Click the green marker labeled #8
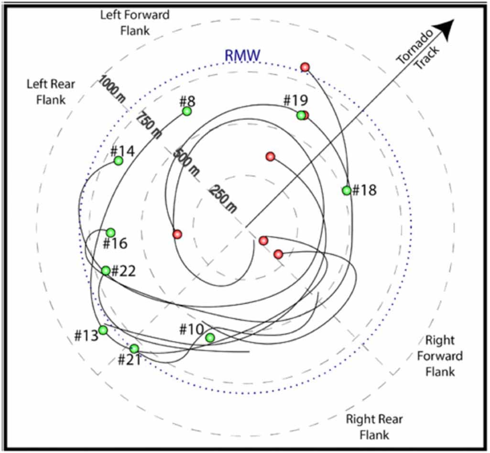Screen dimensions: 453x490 click(x=187, y=111)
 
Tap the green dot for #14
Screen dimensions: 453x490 click(x=119, y=161)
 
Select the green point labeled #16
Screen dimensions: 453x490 click(x=110, y=233)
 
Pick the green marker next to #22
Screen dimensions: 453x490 click(x=106, y=271)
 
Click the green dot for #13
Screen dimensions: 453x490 click(x=103, y=330)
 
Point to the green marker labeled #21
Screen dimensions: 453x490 click(x=134, y=349)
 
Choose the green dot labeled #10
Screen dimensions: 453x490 click(x=210, y=338)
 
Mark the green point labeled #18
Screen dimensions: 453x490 click(x=347, y=190)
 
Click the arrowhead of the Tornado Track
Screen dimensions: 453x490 click(x=446, y=29)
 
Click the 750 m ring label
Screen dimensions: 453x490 click(x=148, y=125)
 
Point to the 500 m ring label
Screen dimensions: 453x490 click(x=185, y=162)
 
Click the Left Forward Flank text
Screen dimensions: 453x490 click(x=135, y=22)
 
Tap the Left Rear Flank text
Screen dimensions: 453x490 click(x=51, y=92)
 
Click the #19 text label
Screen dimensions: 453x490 click(x=295, y=100)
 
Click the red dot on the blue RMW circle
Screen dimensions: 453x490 click(x=305, y=67)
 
